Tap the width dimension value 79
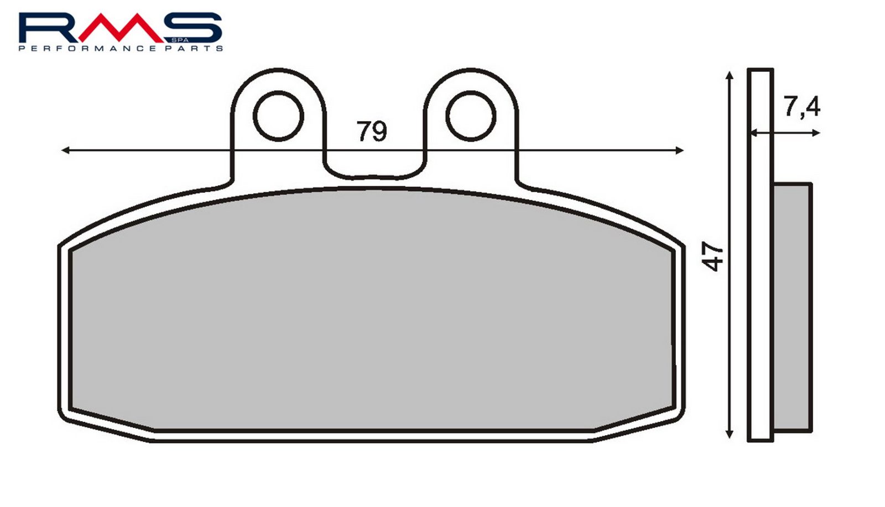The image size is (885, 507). point(372,131)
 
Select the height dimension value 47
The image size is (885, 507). point(712,257)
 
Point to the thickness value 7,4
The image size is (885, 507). point(802,107)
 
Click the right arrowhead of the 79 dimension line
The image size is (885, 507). point(680,150)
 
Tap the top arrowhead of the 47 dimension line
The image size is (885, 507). point(730,76)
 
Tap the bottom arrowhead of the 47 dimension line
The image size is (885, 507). point(730,434)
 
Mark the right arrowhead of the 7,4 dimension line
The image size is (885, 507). point(816,133)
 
